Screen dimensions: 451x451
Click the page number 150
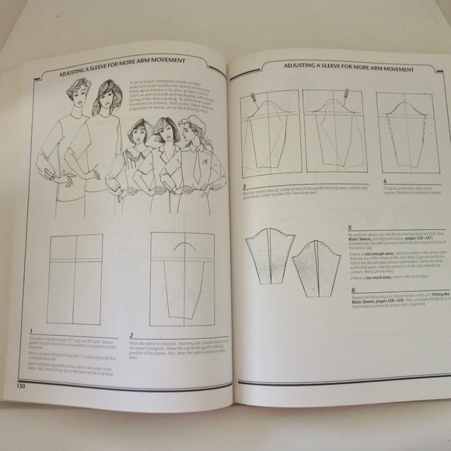click(x=16, y=383)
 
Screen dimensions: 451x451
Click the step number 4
click(x=383, y=181)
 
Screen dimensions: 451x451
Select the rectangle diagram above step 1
click(x=74, y=278)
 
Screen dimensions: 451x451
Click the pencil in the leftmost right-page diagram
click(x=254, y=97)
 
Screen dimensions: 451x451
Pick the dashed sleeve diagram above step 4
click(x=404, y=135)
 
